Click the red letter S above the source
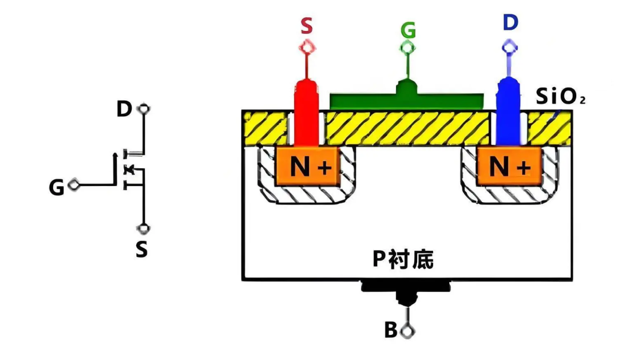(x=307, y=26)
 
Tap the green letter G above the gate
(x=408, y=30)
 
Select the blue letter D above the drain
(x=510, y=22)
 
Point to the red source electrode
(x=306, y=112)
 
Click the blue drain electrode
(x=509, y=112)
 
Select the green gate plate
(x=406, y=98)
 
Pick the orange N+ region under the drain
(x=509, y=166)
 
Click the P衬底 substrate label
(x=403, y=259)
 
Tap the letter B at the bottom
(x=391, y=330)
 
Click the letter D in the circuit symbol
(x=124, y=109)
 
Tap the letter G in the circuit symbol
(x=56, y=187)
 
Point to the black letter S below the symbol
(x=141, y=250)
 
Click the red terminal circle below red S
(x=307, y=48)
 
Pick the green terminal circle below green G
(x=408, y=48)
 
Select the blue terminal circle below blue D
(x=510, y=48)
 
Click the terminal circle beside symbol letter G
(x=74, y=184)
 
